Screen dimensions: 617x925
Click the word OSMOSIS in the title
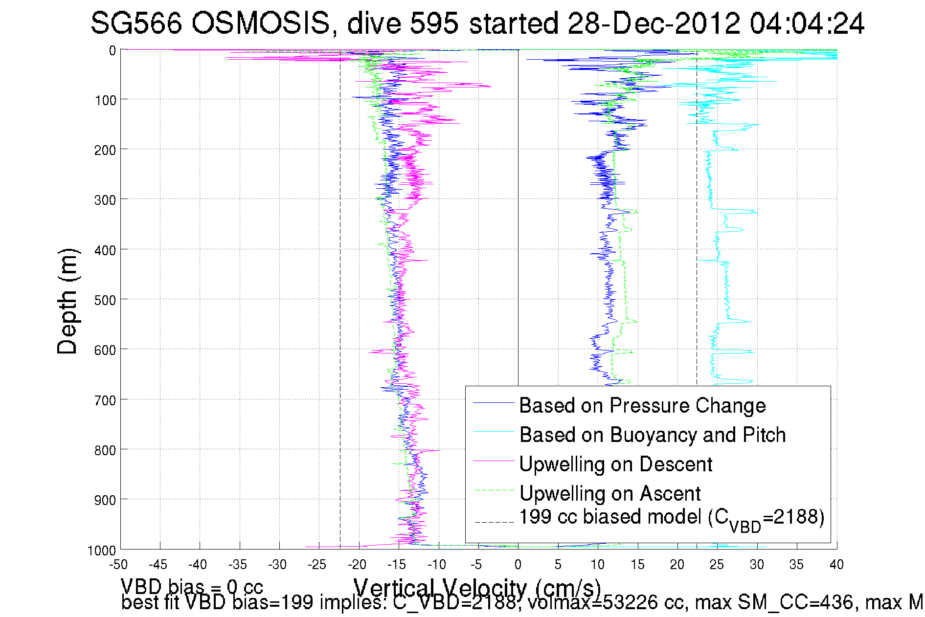(260, 23)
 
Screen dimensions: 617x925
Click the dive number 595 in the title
(434, 23)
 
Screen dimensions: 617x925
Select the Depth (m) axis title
(68, 301)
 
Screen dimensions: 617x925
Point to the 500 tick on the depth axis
(105, 300)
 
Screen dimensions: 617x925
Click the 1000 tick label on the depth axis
(102, 551)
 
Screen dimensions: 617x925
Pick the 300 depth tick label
(105, 200)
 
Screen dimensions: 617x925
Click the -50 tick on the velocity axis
(118, 565)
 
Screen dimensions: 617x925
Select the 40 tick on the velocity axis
(836, 565)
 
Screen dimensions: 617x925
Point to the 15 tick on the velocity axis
(637, 565)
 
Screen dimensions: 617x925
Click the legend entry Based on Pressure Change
(642, 405)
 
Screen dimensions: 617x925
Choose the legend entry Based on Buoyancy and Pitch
(652, 435)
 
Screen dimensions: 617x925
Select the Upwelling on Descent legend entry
(615, 464)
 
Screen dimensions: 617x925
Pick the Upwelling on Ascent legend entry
(609, 493)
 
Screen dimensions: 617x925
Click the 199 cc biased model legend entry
(671, 518)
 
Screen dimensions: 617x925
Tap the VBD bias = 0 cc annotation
(192, 586)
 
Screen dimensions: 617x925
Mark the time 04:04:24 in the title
(807, 23)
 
